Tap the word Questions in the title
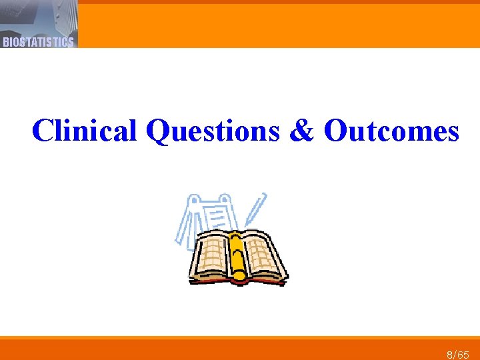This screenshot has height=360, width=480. pyautogui.click(x=213, y=131)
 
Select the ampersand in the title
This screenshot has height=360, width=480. pyautogui.click(x=302, y=131)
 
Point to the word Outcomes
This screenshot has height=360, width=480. pyautogui.click(x=391, y=131)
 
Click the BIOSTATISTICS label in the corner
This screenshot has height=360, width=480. pyautogui.click(x=38, y=42)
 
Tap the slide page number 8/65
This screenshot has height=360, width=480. pyautogui.click(x=458, y=355)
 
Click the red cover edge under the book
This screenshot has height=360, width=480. pyautogui.click(x=237, y=281)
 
